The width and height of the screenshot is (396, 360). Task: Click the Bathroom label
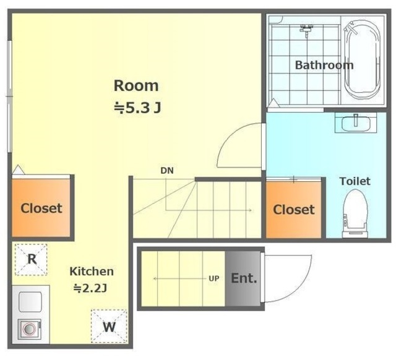324,65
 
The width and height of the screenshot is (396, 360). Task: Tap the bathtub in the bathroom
362,60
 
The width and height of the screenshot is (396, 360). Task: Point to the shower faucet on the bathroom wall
306,30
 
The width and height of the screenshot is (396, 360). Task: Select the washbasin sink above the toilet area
356,122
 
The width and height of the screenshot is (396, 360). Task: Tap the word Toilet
355,181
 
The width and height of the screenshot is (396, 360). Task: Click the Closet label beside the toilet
294,210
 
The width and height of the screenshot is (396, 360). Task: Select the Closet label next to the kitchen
41,208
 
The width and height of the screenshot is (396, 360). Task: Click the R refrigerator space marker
32,259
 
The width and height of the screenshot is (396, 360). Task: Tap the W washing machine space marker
109,326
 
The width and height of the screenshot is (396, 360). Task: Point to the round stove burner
29,329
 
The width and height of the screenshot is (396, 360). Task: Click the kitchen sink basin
30,302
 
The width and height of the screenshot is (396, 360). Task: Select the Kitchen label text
92,272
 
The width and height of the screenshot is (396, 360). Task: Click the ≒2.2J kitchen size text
90,288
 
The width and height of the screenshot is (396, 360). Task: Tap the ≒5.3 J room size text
137,108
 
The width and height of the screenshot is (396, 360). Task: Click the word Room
136,86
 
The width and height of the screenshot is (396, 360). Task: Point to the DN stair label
167,171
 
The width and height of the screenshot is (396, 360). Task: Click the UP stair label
213,278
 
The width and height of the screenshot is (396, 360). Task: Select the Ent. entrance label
244,278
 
